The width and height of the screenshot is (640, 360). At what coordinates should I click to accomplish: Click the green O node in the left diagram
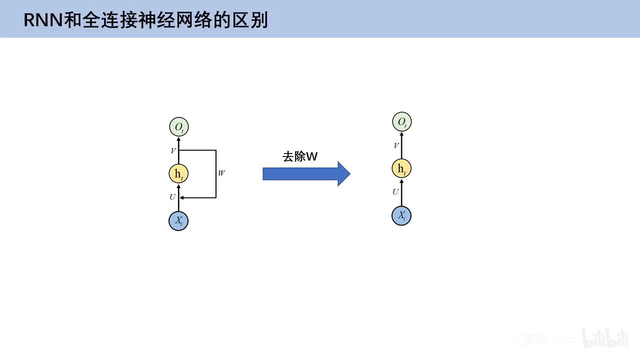[178, 127]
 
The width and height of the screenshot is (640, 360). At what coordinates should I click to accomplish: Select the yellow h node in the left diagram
[178, 173]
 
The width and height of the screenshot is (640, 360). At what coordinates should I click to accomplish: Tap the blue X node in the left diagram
[178, 220]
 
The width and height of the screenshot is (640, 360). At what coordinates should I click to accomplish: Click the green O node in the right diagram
[401, 122]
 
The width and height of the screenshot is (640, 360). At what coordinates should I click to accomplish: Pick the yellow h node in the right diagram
[401, 168]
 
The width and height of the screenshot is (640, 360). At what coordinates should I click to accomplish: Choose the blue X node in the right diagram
[401, 215]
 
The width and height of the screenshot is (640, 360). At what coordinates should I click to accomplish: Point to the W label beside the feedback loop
[221, 173]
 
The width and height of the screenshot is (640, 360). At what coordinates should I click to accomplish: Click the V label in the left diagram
[173, 150]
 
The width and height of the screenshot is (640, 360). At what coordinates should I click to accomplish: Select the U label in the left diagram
[172, 197]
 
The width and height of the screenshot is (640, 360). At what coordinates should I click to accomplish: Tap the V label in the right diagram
[396, 145]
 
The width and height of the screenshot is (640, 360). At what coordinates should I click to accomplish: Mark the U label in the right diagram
[395, 192]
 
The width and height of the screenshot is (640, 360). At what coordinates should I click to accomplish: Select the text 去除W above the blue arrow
[300, 156]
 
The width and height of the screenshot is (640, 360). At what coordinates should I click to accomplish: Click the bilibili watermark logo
[604, 338]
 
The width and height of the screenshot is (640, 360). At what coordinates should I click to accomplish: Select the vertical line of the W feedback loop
[216, 174]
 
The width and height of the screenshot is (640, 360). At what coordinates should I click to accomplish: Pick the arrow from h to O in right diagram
[401, 145]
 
